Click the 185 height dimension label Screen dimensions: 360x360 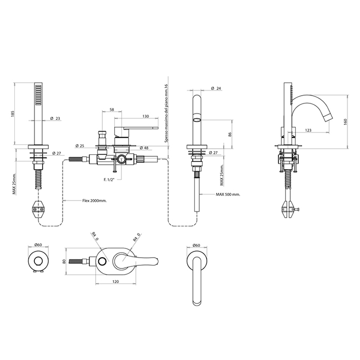[13, 114]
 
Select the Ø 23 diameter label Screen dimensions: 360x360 [55, 118]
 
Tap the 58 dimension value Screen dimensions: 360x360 [112, 110]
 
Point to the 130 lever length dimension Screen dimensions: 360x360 [146, 116]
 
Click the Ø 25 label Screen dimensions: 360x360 [80, 146]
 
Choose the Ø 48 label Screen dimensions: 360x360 [143, 148]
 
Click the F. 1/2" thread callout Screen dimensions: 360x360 [109, 179]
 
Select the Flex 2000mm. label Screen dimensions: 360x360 [94, 201]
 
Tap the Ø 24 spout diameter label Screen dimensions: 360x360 [216, 88]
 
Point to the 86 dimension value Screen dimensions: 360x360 [230, 134]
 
